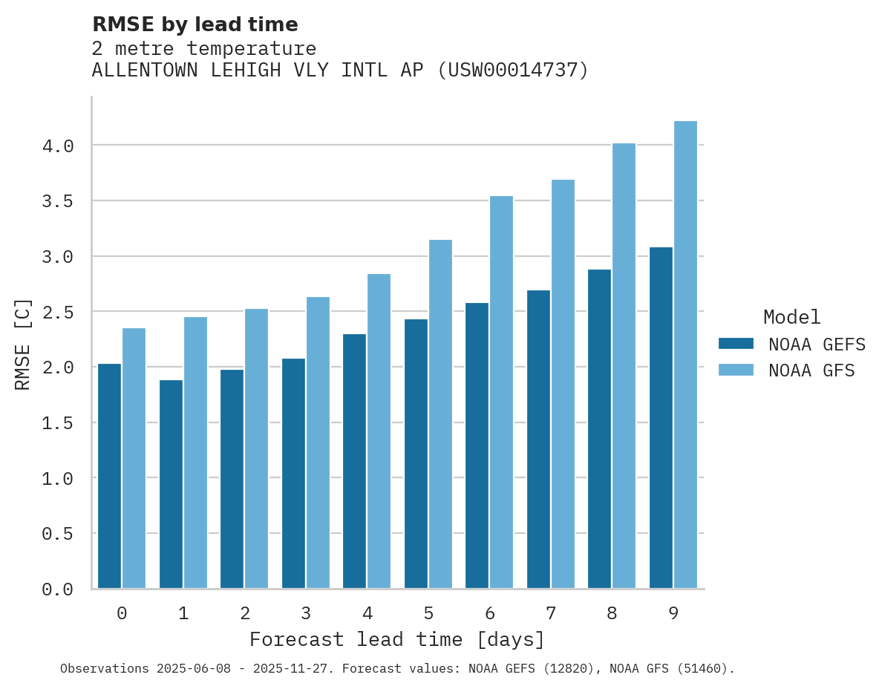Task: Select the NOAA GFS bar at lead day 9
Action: tap(685, 355)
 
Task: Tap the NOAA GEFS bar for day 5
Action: tap(416, 454)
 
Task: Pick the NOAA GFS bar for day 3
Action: tap(318, 443)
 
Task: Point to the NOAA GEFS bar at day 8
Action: tap(599, 428)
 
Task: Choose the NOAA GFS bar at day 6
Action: tap(501, 392)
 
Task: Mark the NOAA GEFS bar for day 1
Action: tap(171, 484)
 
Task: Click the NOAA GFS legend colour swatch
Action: tap(736, 370)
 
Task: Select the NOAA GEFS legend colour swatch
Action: tap(736, 344)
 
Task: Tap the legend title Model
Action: tap(791, 317)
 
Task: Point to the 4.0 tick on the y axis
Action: tap(58, 146)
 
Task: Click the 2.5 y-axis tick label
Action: tap(58, 313)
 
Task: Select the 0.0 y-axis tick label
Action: tap(58, 590)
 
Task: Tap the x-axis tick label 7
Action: tap(550, 613)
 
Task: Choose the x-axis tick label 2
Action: tap(244, 613)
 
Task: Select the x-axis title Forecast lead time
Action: tap(397, 639)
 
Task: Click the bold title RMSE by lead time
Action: tap(195, 25)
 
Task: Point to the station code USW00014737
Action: tap(512, 71)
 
